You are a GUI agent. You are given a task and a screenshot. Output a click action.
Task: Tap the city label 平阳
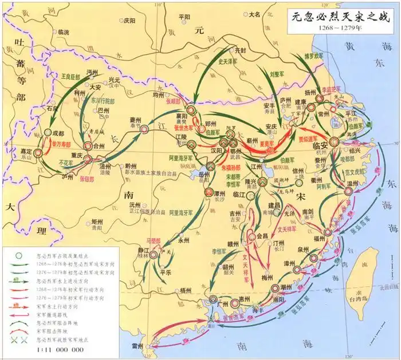(183, 17)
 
